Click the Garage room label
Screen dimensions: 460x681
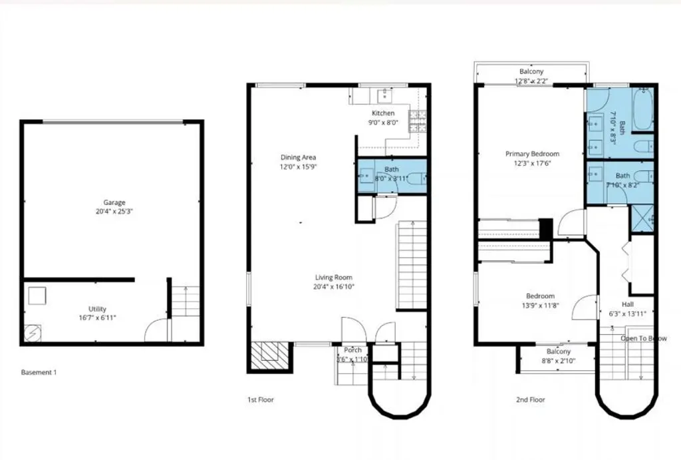coord(114,202)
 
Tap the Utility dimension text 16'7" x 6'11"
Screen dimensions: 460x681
coord(97,318)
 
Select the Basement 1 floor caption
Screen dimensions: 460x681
coord(39,373)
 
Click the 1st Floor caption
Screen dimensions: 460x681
coord(260,400)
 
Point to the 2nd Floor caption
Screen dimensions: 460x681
coord(530,400)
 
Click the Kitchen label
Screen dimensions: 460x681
coord(383,113)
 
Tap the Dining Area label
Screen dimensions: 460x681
coord(297,157)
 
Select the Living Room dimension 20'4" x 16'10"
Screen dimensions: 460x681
coord(334,287)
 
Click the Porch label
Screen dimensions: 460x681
coord(352,350)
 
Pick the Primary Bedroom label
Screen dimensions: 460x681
coord(532,154)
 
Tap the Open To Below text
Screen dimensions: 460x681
coord(643,338)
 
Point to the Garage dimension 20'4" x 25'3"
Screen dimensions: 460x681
coord(114,212)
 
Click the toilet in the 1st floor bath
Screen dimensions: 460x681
coord(414,178)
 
